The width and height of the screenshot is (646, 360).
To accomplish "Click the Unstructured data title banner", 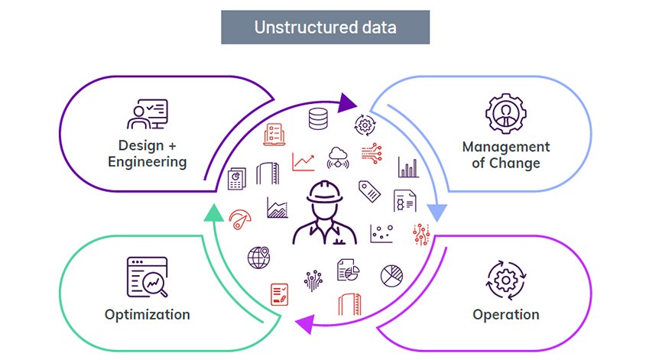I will point(325,28).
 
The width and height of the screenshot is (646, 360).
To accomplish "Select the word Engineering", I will point(147,162).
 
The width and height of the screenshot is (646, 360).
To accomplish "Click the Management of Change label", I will point(505,154).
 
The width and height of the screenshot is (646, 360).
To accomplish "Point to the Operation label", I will point(505,314).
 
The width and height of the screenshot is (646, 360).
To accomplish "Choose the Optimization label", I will point(147,314).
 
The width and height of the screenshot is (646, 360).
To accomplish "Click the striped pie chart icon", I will point(392,275).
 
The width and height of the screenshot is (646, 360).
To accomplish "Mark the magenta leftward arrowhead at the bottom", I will point(304,323).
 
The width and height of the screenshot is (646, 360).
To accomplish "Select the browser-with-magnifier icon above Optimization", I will point(147,276).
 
